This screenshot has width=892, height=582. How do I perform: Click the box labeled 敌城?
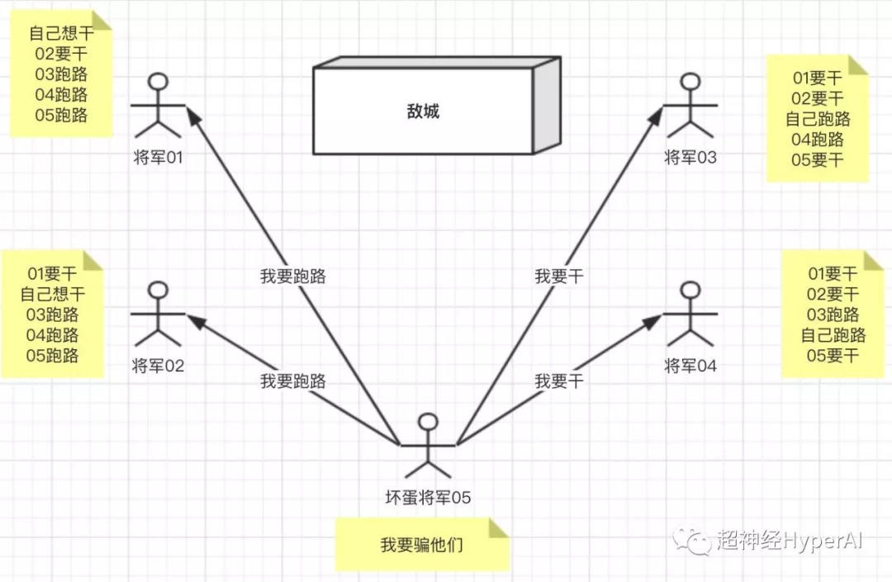click(x=423, y=111)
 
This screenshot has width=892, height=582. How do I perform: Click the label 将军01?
click(x=157, y=157)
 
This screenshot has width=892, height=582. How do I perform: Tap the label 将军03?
click(x=690, y=157)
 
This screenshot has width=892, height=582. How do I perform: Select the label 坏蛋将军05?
click(x=429, y=497)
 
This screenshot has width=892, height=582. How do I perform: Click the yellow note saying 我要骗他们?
click(x=422, y=545)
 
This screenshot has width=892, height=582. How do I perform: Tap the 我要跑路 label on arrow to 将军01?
click(x=293, y=277)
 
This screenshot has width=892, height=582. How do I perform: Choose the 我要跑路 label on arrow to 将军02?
click(x=293, y=381)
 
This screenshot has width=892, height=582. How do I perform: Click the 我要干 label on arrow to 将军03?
click(x=559, y=277)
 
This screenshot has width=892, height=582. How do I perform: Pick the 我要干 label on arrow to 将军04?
click(x=559, y=381)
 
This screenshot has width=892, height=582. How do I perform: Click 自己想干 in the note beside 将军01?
click(x=61, y=34)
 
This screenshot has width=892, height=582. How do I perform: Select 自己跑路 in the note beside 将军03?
click(x=818, y=119)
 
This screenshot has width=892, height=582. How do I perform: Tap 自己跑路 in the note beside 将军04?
click(x=833, y=335)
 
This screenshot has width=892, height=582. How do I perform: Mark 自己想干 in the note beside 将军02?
click(x=52, y=294)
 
